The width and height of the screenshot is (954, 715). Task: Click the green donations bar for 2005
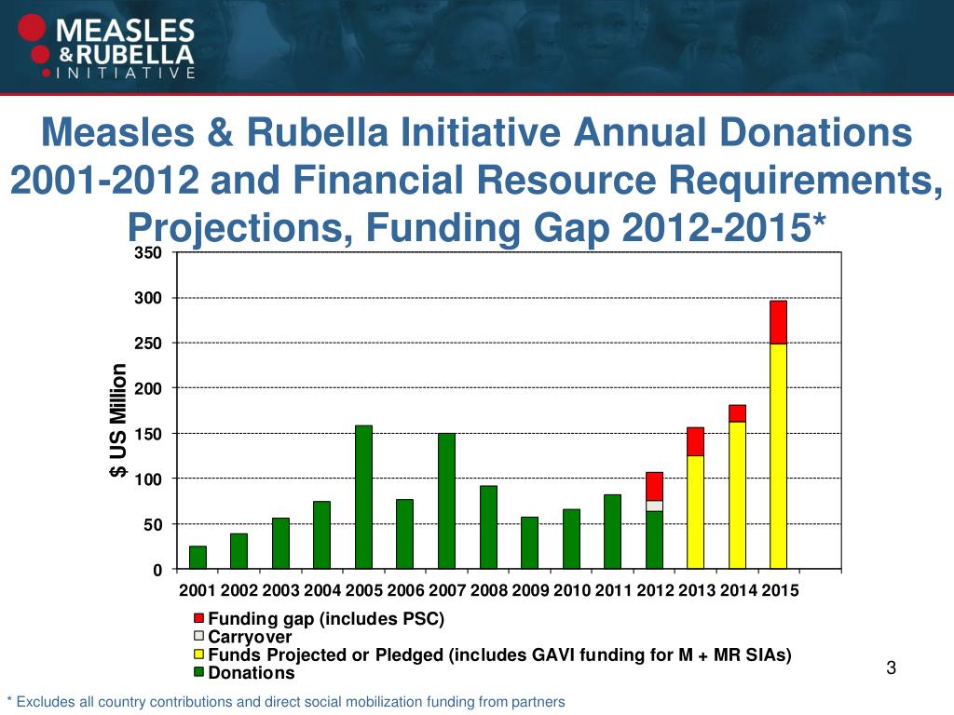pos(363,497)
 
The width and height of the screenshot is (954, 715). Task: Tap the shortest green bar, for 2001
pos(198,557)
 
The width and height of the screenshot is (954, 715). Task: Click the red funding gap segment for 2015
pos(778,322)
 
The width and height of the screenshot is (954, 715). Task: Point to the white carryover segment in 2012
pos(654,506)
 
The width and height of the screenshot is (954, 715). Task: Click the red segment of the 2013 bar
pos(695,441)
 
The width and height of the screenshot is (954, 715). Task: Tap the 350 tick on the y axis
pos(150,253)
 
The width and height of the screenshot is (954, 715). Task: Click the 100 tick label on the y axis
pos(150,479)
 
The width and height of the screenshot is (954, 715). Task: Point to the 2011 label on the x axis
pos(613,590)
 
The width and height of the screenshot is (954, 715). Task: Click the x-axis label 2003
pos(280,590)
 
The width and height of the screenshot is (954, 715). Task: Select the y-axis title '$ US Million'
pos(117,421)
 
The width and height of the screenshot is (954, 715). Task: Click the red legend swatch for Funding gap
pos(198,619)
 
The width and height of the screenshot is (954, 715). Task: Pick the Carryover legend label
pos(250,638)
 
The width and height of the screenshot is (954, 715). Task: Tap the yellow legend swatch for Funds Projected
pos(198,655)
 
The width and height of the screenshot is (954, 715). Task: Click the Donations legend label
pos(252,673)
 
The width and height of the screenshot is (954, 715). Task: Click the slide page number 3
pos(891,668)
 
